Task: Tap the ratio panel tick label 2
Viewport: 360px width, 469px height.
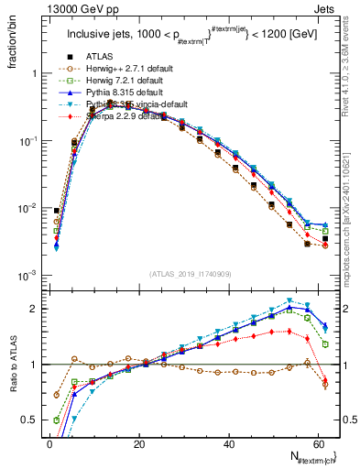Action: (34, 309)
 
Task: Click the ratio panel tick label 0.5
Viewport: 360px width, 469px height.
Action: (29, 420)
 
